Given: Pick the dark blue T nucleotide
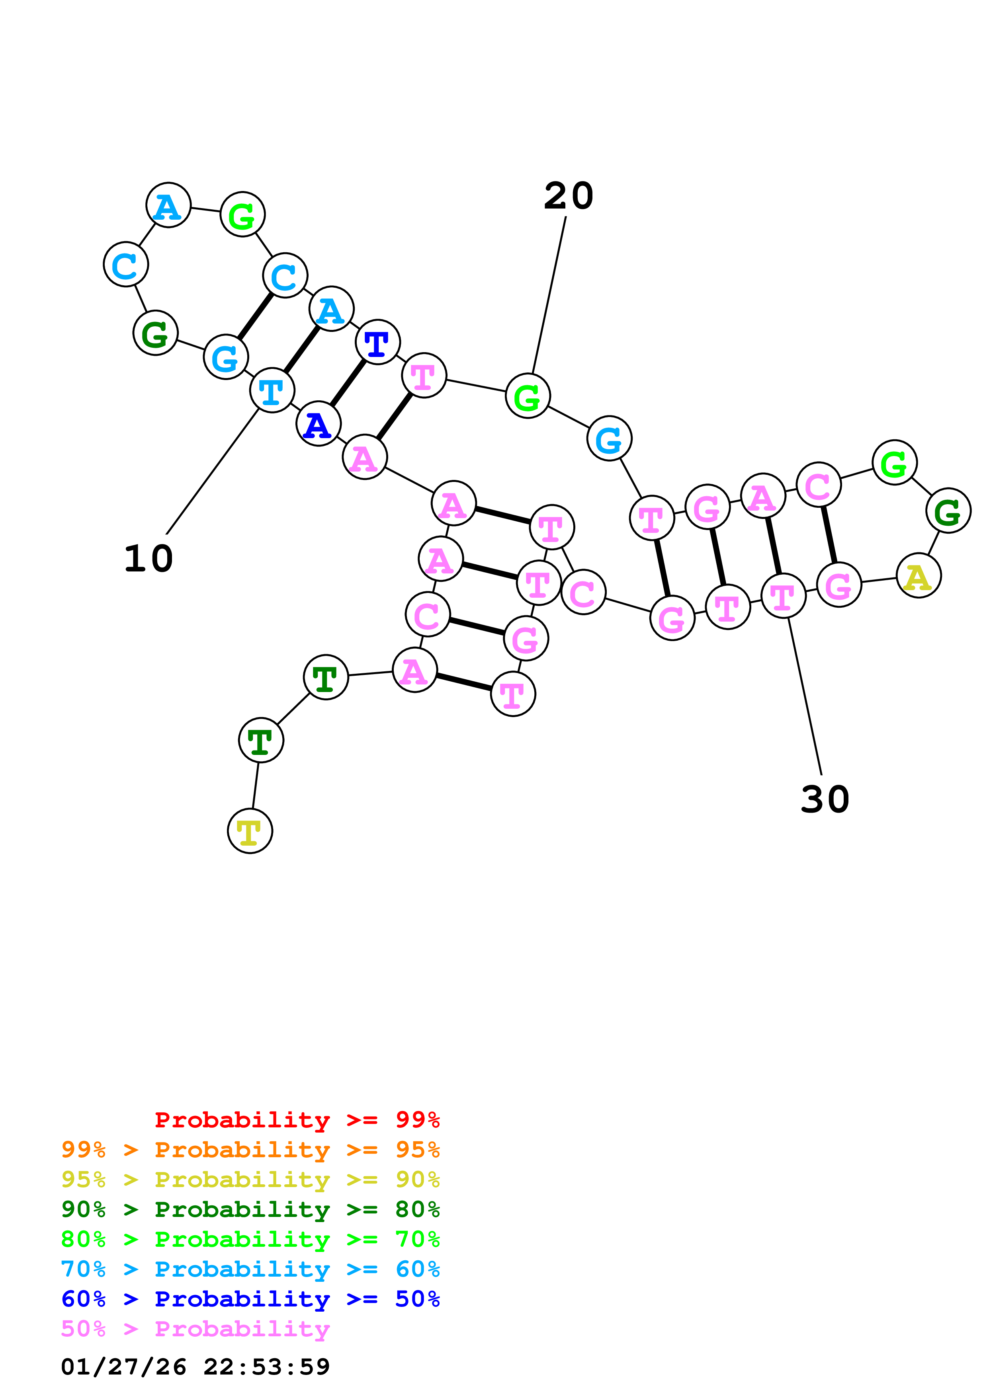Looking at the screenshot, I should tap(378, 342).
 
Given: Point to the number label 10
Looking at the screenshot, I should tap(149, 558).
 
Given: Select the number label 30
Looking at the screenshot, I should tap(825, 799).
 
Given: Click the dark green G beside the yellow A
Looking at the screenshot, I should tap(948, 510).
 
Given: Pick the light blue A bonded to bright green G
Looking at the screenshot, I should tap(168, 205).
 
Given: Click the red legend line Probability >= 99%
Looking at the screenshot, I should tap(297, 1119).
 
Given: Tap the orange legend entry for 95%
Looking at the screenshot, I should tap(250, 1150).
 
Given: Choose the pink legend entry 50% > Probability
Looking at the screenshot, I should tap(195, 1329).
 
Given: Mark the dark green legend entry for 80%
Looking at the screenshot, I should tap(250, 1209).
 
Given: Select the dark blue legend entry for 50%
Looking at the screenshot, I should tap(250, 1299).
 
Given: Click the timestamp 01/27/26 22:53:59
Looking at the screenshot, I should tap(195, 1367).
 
